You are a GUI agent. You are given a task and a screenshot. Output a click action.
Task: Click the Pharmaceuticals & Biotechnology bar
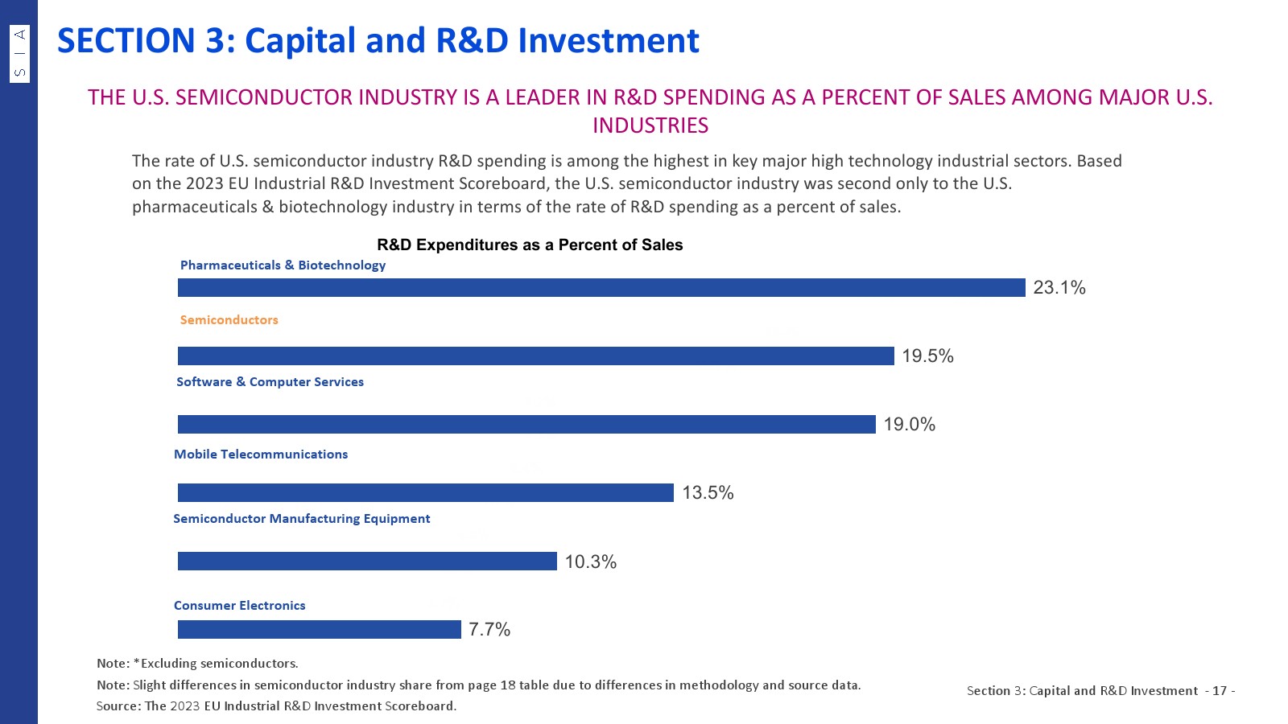tap(601, 287)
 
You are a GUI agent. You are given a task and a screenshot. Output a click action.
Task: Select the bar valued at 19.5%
tap(535, 356)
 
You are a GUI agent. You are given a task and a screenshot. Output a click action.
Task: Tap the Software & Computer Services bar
tap(526, 424)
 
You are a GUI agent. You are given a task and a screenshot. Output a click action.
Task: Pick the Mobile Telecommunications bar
tap(425, 492)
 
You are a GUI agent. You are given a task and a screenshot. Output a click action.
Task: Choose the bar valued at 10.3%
tap(367, 561)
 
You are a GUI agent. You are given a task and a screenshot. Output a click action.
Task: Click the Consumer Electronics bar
tap(319, 629)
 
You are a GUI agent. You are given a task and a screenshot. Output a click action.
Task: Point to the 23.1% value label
tap(1059, 288)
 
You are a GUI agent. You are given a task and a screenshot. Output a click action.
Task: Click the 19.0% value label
tap(910, 425)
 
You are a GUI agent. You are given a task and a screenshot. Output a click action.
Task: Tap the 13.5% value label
tap(708, 493)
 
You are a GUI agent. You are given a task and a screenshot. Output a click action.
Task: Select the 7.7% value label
tap(489, 630)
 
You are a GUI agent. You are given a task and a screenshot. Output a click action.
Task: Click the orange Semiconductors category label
tap(229, 320)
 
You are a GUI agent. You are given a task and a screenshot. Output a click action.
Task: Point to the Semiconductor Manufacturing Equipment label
tap(302, 519)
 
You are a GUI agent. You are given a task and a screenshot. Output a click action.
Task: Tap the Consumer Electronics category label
tap(240, 606)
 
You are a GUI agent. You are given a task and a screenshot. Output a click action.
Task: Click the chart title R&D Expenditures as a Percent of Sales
tap(530, 245)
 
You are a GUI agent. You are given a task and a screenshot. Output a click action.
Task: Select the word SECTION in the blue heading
tap(126, 41)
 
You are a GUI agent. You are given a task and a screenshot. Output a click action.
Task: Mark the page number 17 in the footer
tap(1220, 691)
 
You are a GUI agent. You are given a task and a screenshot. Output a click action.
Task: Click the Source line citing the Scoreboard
tap(276, 706)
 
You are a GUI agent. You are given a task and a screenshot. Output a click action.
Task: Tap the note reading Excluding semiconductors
tap(197, 664)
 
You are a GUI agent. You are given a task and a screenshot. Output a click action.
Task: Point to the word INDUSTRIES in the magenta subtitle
tap(650, 125)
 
